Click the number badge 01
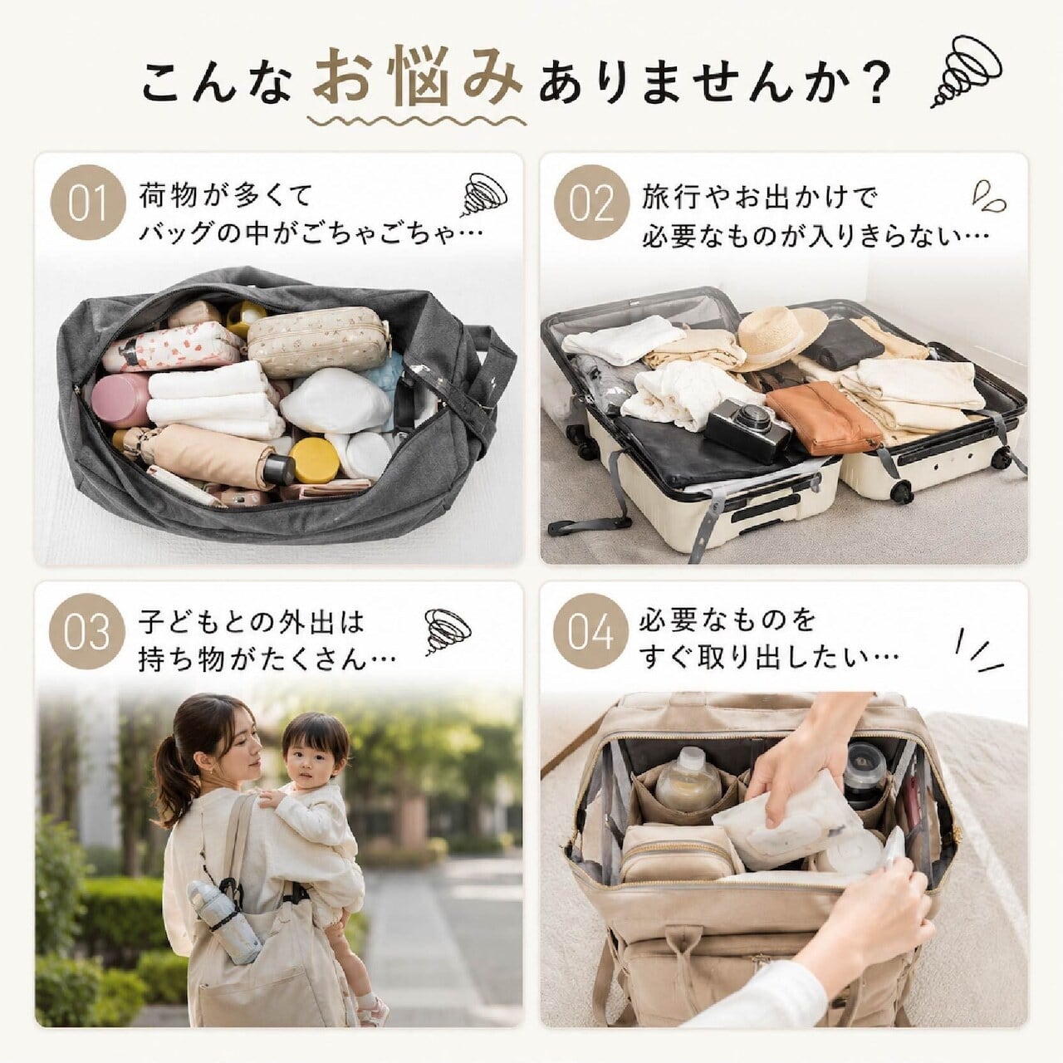[x=88, y=203]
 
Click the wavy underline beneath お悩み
[x=417, y=120]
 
